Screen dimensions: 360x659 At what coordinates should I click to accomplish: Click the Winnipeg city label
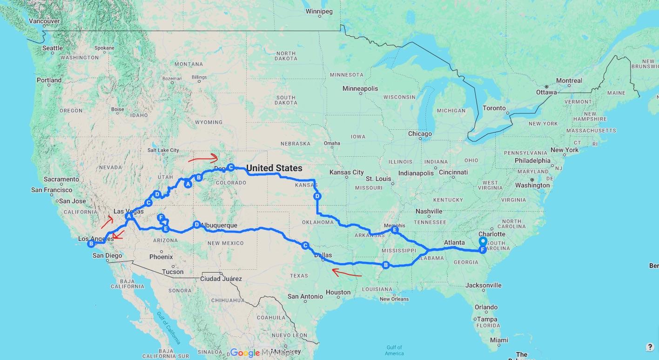tap(319, 12)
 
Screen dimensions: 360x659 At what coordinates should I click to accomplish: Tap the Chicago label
tap(420, 134)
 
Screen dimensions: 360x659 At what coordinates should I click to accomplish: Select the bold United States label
tap(274, 168)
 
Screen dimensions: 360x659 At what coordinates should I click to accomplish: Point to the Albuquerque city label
tap(219, 226)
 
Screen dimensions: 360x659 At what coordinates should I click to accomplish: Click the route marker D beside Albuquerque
tap(196, 225)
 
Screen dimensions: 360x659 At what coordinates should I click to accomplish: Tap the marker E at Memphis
tap(395, 230)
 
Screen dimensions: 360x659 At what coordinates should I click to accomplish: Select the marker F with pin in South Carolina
tap(483, 249)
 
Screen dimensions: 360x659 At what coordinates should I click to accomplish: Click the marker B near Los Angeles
tap(92, 243)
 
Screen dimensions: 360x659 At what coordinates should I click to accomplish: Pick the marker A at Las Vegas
tap(129, 216)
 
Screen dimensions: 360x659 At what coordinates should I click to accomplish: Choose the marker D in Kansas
tap(317, 196)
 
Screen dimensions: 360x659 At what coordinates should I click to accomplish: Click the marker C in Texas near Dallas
tap(305, 245)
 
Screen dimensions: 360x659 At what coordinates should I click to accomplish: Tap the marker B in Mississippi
tap(385, 265)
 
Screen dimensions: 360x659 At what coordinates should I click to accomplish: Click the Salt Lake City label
tap(163, 150)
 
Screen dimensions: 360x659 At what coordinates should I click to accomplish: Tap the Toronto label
tap(494, 108)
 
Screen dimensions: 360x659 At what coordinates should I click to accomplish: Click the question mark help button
tap(650, 347)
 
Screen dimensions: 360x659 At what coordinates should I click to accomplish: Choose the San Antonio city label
tap(305, 297)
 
